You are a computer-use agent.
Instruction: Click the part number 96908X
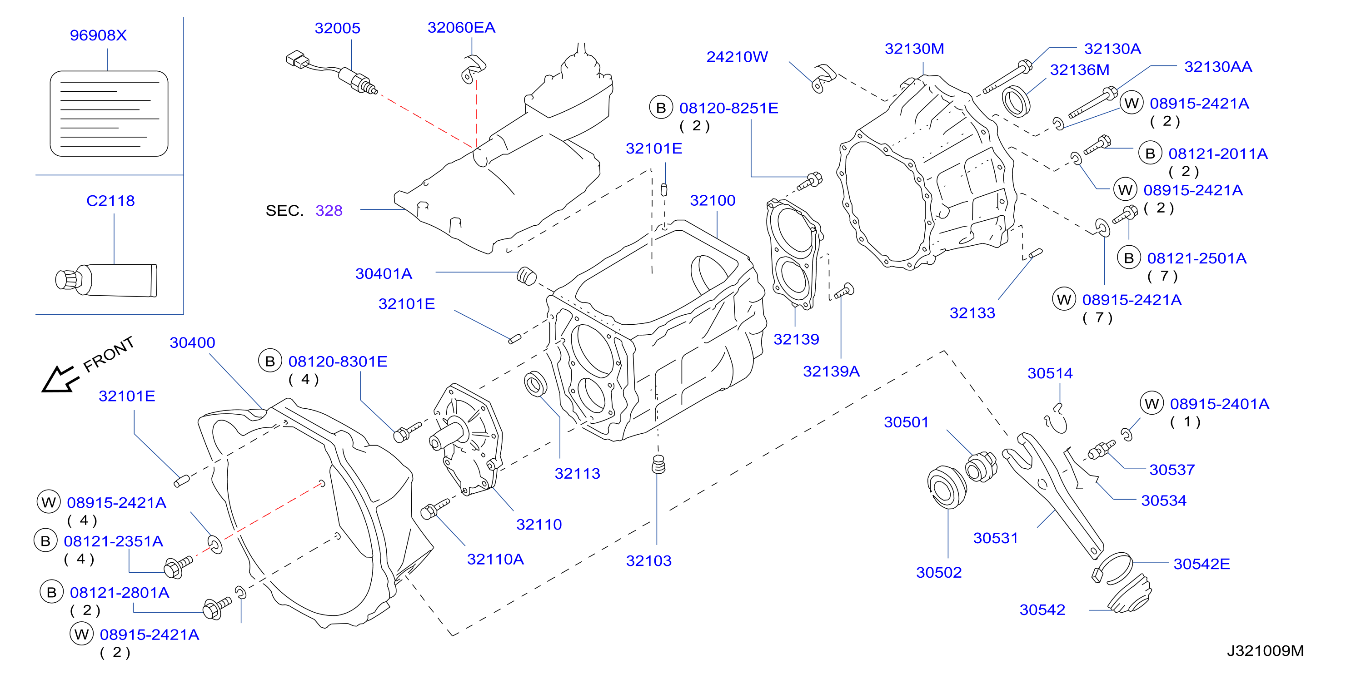[99, 35]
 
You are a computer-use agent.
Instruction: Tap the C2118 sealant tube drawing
[106, 280]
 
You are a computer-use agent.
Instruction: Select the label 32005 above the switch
[338, 28]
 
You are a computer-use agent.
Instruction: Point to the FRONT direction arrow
[60, 379]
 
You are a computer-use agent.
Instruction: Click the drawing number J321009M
[1266, 651]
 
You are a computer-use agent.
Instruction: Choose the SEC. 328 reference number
[329, 210]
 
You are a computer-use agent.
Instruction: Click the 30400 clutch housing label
[192, 342]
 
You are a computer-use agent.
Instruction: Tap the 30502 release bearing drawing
[947, 487]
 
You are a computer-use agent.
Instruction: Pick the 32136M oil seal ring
[1016, 102]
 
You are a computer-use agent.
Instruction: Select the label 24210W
[737, 57]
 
